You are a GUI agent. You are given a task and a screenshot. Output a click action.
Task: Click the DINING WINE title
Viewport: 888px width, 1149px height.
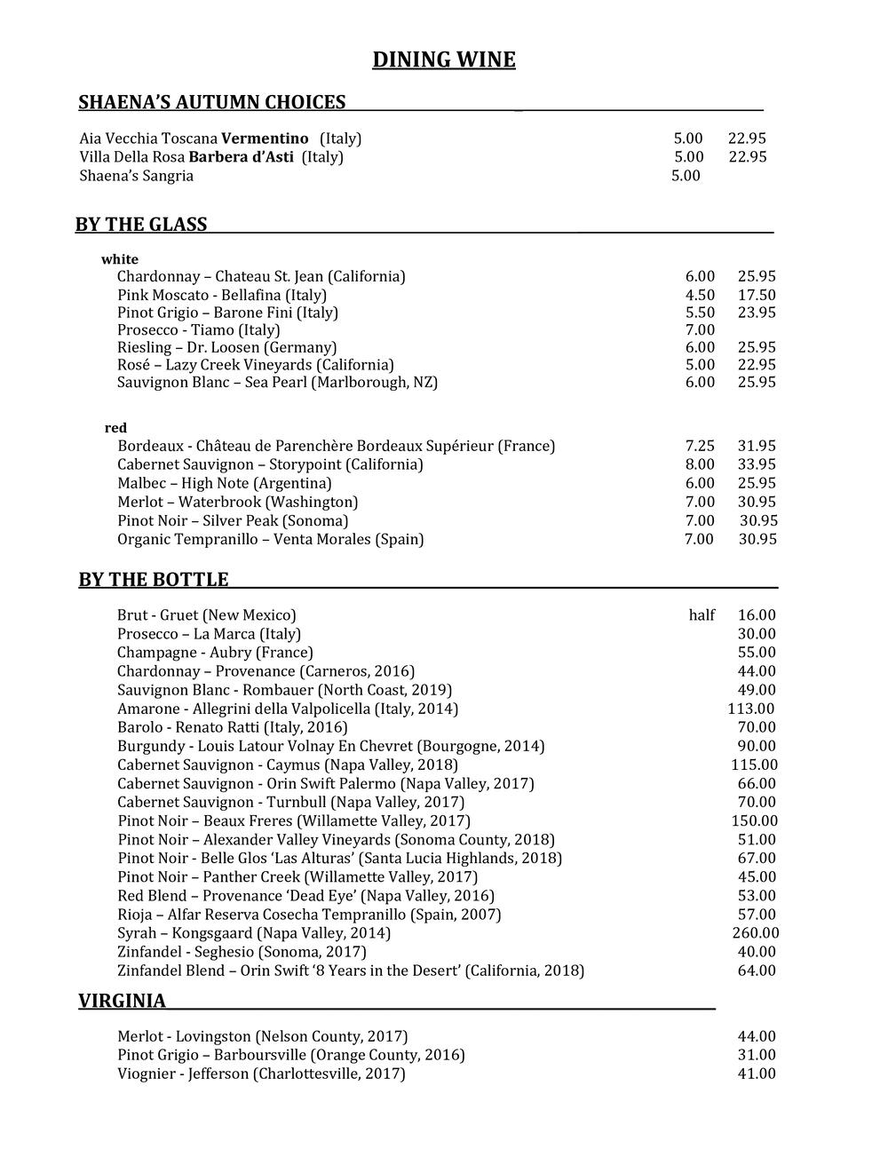click(x=444, y=60)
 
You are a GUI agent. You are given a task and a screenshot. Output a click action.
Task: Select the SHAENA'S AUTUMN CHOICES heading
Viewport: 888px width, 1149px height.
click(x=212, y=103)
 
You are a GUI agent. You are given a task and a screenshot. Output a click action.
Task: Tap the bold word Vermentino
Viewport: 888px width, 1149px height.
click(x=265, y=139)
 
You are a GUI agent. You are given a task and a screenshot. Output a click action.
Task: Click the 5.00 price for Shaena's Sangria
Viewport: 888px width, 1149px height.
click(x=686, y=176)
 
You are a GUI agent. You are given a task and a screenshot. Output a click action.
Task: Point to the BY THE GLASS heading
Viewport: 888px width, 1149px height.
click(x=141, y=226)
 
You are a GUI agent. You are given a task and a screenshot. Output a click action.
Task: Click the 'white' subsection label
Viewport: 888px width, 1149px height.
click(x=120, y=259)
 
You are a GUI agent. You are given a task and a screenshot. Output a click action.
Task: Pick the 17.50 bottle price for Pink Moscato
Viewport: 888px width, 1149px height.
click(x=757, y=295)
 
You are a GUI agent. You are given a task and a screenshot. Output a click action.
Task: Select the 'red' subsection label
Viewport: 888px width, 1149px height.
click(x=115, y=428)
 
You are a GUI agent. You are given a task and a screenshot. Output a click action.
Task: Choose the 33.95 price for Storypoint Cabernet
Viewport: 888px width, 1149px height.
click(x=757, y=464)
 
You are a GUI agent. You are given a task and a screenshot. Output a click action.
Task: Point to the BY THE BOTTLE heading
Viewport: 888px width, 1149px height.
click(x=154, y=581)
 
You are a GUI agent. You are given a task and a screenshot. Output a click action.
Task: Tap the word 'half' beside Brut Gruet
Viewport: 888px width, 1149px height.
click(x=702, y=615)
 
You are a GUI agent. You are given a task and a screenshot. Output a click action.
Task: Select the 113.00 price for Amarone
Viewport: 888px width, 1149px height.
click(x=750, y=709)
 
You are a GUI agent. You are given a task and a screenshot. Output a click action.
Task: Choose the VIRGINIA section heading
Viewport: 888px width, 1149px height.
click(x=123, y=1002)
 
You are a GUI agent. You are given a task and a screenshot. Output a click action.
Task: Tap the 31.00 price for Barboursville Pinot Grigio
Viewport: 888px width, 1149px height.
click(x=757, y=1055)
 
